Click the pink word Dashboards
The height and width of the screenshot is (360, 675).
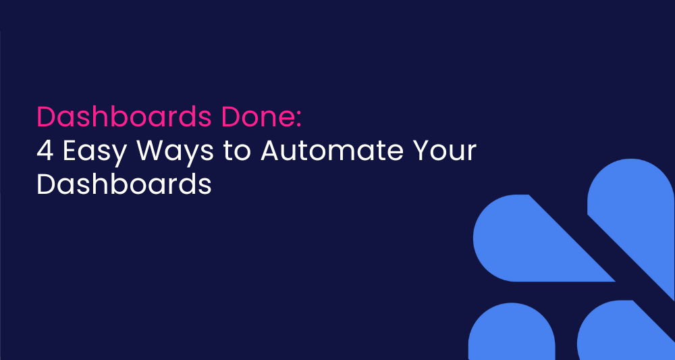coord(124,116)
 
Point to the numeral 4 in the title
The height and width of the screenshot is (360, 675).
coord(45,151)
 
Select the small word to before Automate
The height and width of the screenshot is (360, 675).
coord(237,151)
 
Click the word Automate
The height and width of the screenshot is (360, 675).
coord(332,151)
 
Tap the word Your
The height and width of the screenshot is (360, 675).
coord(444,151)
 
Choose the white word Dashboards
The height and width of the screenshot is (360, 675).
coord(124,185)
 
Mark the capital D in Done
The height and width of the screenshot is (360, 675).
coord(230,117)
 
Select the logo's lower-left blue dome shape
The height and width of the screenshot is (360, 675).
coord(512,332)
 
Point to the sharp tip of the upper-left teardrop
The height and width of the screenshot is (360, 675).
coord(615,281)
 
